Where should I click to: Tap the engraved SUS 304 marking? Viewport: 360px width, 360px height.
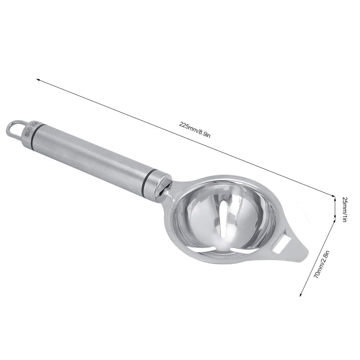point(30,128)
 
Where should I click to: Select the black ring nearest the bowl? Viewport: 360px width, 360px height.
point(145,178)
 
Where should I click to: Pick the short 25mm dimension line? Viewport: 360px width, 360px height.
point(335,208)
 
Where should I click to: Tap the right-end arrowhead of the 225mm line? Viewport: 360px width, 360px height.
point(333,196)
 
